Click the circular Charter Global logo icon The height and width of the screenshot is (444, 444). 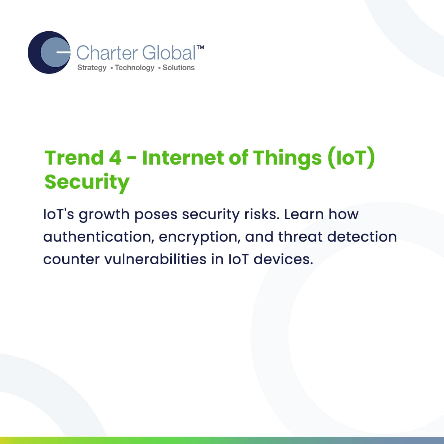click(x=49, y=52)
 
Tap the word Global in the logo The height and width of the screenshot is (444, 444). click(x=169, y=53)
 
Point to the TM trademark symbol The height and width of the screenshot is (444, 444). click(x=200, y=47)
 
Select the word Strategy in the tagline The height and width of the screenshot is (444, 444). click(x=92, y=68)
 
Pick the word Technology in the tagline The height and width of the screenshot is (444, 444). click(x=135, y=68)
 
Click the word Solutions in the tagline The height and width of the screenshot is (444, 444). click(x=179, y=67)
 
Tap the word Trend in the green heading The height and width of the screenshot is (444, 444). click(x=74, y=158)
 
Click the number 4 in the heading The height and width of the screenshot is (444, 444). click(x=115, y=158)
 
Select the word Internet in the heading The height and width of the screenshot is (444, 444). click(x=183, y=158)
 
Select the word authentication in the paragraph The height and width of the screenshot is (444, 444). click(x=99, y=237)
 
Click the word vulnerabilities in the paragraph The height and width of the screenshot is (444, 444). click(x=155, y=259)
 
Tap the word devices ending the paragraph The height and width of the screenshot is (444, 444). click(x=283, y=259)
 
